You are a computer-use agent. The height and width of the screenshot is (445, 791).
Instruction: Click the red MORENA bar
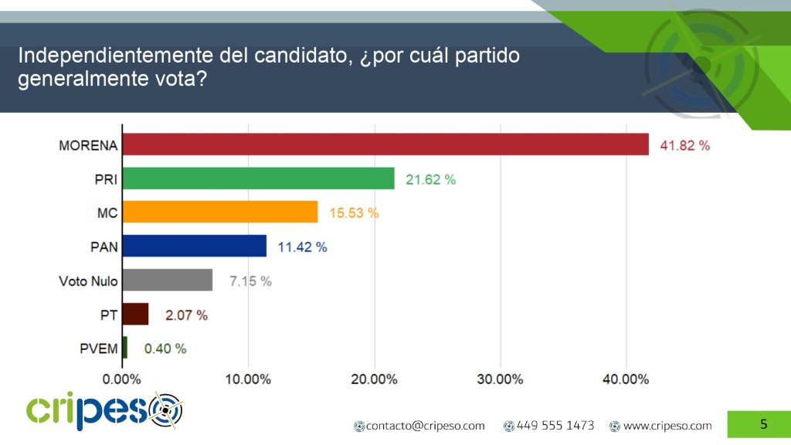pos(386,144)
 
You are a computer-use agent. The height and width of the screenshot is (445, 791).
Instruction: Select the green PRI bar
pos(259,178)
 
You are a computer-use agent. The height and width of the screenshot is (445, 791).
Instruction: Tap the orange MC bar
pos(221,212)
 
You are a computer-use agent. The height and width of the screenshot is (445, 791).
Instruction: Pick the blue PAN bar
pos(195,246)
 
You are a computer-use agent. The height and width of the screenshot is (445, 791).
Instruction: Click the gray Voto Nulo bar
pos(168,280)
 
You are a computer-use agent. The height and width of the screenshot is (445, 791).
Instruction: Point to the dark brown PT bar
pos(136,314)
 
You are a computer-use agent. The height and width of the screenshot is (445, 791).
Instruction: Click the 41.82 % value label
pos(684,145)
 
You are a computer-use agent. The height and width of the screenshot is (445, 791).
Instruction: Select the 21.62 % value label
pos(430,179)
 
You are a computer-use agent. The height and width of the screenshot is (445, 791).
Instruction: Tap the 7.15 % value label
pos(250,281)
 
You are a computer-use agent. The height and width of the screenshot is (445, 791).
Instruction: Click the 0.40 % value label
pos(165,348)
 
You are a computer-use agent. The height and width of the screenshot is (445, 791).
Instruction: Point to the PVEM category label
pos(99,348)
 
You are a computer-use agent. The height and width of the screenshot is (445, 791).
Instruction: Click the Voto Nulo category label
pos(88,280)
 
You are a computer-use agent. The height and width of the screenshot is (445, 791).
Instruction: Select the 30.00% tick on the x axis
pos(500,379)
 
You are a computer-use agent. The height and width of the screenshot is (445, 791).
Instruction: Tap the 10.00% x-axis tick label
pos(248,379)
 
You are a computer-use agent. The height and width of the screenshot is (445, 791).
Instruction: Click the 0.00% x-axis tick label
pos(122,379)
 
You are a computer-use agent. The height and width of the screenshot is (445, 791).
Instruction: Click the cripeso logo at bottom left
pos(104,411)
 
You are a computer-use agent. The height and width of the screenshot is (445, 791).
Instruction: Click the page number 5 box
pos(763,424)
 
